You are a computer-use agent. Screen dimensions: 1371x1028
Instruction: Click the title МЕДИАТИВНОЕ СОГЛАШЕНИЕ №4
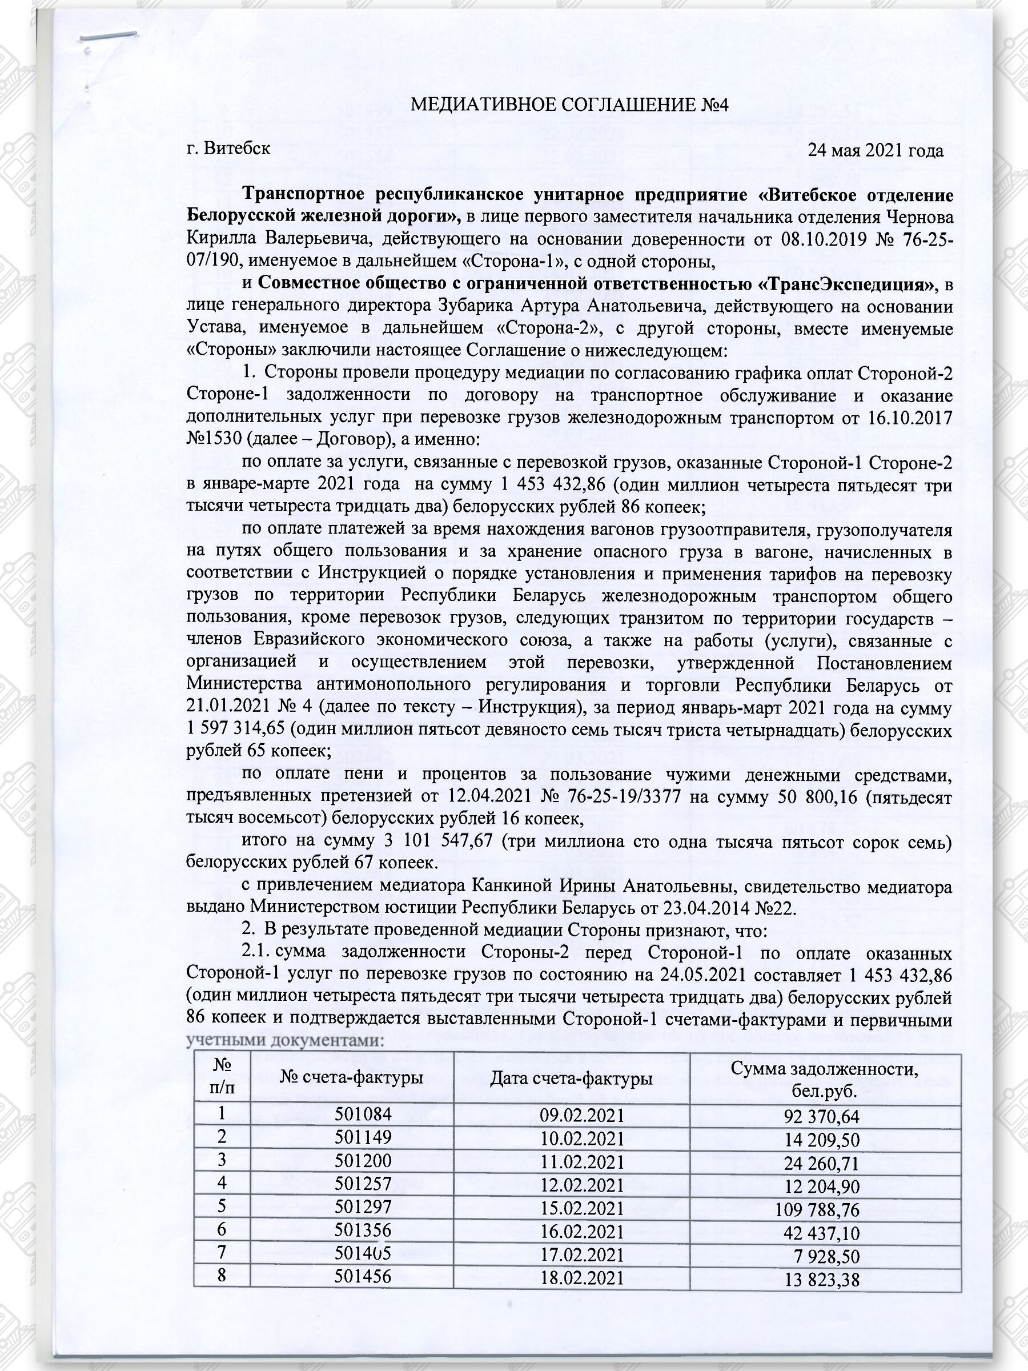569,105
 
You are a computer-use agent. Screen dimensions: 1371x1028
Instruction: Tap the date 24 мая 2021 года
876,150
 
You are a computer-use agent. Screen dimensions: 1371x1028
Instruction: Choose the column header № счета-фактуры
351,1079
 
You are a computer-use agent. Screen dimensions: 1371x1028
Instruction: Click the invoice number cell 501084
363,1115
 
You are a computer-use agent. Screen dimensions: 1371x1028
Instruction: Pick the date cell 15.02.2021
581,1209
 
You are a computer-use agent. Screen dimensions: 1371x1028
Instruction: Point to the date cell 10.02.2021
581,1139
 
